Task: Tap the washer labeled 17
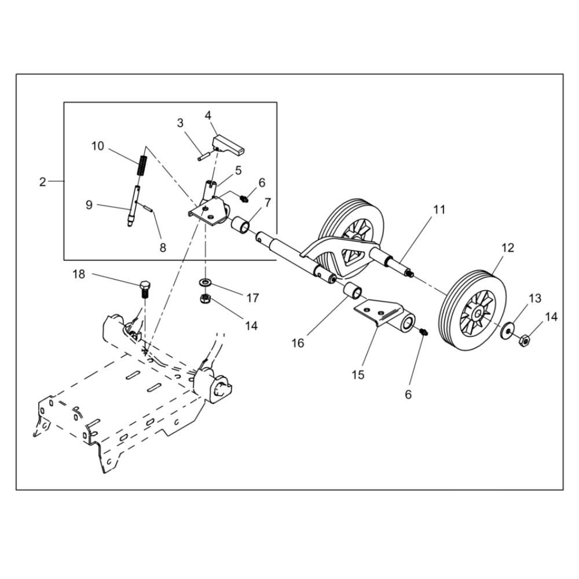point(204,283)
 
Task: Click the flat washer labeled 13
point(508,330)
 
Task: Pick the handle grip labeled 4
point(229,144)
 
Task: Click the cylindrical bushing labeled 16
point(353,290)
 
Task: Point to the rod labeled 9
point(133,206)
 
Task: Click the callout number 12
point(508,248)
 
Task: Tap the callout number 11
point(439,210)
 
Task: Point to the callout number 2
point(43,182)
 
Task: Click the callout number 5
point(238,170)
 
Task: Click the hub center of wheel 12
point(478,314)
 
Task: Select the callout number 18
point(79,274)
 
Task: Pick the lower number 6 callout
point(408,394)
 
